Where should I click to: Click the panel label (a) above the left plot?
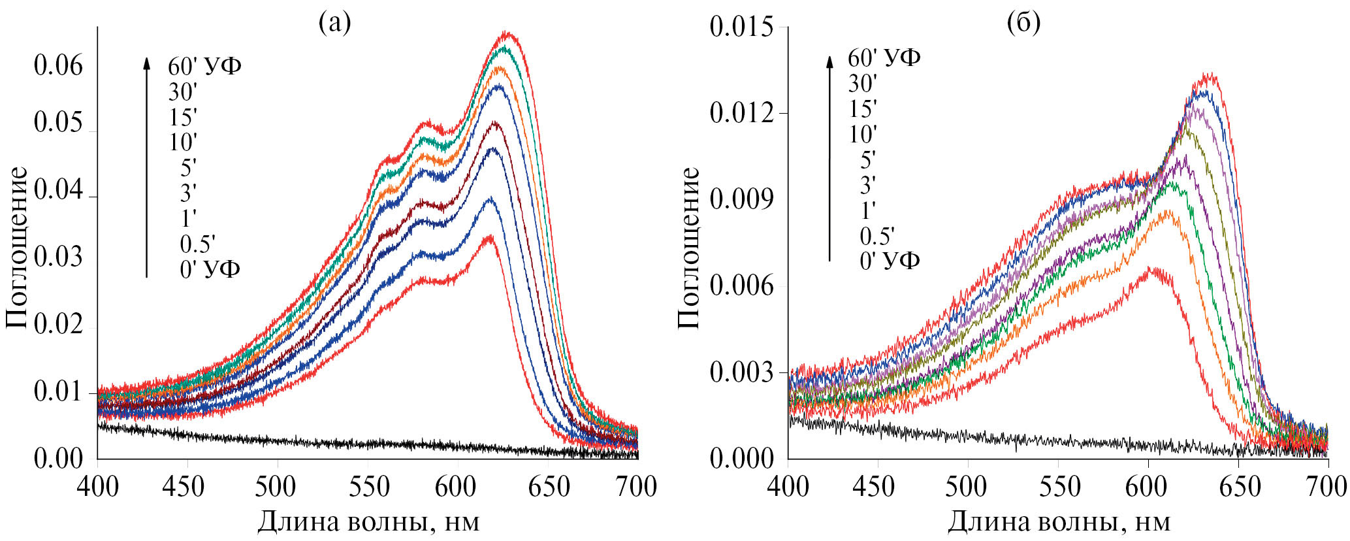click(x=334, y=23)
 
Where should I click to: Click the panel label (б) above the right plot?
click(x=1023, y=23)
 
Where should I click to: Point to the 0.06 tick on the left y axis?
click(x=59, y=66)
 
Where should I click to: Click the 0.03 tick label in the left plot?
click(x=59, y=257)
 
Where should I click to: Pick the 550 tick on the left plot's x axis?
click(x=368, y=487)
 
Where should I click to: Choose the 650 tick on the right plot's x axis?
click(x=1238, y=487)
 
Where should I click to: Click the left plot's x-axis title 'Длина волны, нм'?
click(x=368, y=521)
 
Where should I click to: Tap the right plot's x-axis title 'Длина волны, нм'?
click(x=1059, y=521)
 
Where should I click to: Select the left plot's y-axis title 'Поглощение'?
click(x=17, y=247)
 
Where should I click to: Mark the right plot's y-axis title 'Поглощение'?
click(x=688, y=247)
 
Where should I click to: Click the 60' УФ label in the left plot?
click(x=204, y=66)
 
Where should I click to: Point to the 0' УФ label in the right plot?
click(x=890, y=261)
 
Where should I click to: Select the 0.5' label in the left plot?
click(x=197, y=244)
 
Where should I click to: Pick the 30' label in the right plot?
click(x=863, y=84)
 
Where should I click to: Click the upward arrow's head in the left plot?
click(x=146, y=62)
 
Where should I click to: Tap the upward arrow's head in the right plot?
click(x=829, y=61)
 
